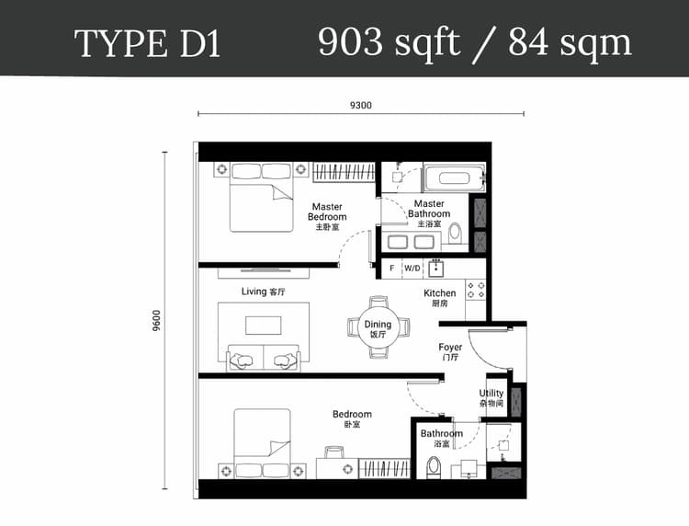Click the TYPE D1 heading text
147,44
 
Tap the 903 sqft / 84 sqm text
474,42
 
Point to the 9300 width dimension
360,105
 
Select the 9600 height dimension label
157,319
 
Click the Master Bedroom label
327,216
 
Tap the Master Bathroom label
429,213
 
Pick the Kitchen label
439,298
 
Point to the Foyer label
449,352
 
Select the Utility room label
491,397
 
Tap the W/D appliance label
412,269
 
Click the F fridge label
391,269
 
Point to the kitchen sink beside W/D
435,269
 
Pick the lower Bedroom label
352,418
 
